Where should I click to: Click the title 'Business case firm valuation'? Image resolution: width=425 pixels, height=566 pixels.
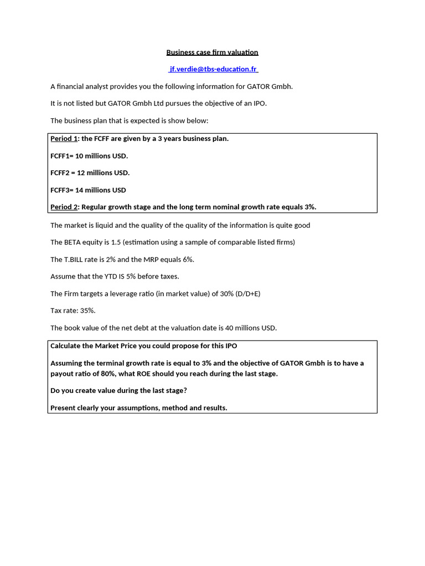point(212,53)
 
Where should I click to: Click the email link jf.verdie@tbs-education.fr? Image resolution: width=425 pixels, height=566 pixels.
point(212,69)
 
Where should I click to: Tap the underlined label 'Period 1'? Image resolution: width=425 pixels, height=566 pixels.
point(65,139)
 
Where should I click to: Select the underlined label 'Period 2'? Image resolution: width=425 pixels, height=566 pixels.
point(65,207)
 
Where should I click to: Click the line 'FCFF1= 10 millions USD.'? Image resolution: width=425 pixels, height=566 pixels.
point(89,156)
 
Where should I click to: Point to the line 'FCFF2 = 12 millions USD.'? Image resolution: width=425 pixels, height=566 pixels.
point(90,173)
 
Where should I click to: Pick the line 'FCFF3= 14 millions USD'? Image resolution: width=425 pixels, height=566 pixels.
point(89,190)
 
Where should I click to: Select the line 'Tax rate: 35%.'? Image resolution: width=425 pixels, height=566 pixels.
point(73,311)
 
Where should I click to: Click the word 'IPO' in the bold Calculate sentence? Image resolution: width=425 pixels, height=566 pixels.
point(231,346)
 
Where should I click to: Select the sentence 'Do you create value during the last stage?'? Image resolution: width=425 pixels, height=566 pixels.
point(118,391)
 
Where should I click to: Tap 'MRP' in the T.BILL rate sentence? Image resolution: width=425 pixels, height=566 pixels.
point(156,259)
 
